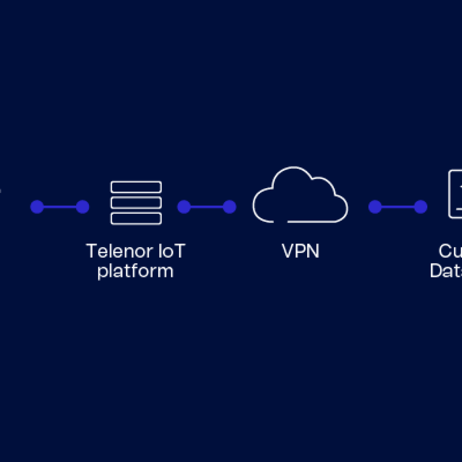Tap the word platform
click(135, 271)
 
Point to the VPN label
click(300, 251)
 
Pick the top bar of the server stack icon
click(136, 187)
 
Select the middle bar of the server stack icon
click(136, 203)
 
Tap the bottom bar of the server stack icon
click(136, 218)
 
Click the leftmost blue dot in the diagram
click(37, 207)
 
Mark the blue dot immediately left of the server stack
click(82, 207)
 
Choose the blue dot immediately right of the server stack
click(184, 207)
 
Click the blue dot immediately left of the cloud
click(229, 207)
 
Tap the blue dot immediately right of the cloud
click(375, 207)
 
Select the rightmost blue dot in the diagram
click(420, 207)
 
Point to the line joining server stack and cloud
click(207, 207)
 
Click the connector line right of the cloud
click(398, 207)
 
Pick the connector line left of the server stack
click(60, 207)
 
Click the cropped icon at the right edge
click(455, 194)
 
